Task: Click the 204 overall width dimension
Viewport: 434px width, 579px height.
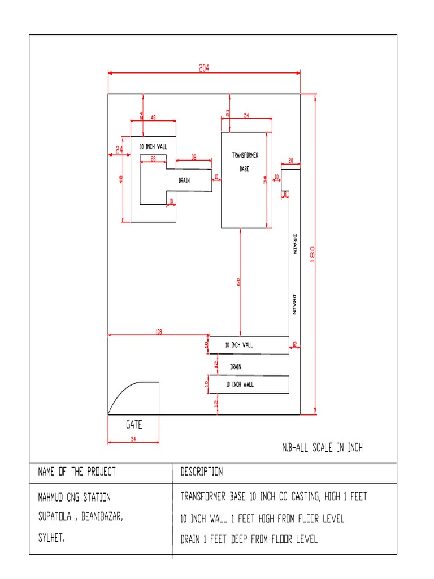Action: tap(204, 67)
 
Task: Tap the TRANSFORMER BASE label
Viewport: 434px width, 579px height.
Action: tap(245, 162)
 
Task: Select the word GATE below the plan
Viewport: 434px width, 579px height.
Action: tap(134, 425)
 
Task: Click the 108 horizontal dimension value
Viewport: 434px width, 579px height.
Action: tap(158, 332)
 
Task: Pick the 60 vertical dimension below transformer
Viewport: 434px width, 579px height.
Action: tap(238, 281)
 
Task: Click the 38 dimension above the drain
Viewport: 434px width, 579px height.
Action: tap(194, 158)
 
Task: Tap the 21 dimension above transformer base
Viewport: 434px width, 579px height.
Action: tap(228, 114)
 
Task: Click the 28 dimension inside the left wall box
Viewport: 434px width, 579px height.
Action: tap(153, 158)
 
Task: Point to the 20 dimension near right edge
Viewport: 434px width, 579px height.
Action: tap(290, 161)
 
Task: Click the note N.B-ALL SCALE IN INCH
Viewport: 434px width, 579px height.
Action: tap(322, 448)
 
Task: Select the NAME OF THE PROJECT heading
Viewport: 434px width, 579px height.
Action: tap(76, 472)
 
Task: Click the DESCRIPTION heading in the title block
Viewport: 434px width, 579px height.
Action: tap(201, 472)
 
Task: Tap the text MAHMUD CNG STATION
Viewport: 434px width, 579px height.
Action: tap(74, 498)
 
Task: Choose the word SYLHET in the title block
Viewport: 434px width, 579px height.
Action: tap(51, 539)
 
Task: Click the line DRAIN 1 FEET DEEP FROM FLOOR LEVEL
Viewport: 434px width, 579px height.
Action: tap(249, 539)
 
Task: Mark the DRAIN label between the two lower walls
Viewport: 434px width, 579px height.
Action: tap(236, 367)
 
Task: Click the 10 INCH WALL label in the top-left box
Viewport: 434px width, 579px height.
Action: tap(153, 146)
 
